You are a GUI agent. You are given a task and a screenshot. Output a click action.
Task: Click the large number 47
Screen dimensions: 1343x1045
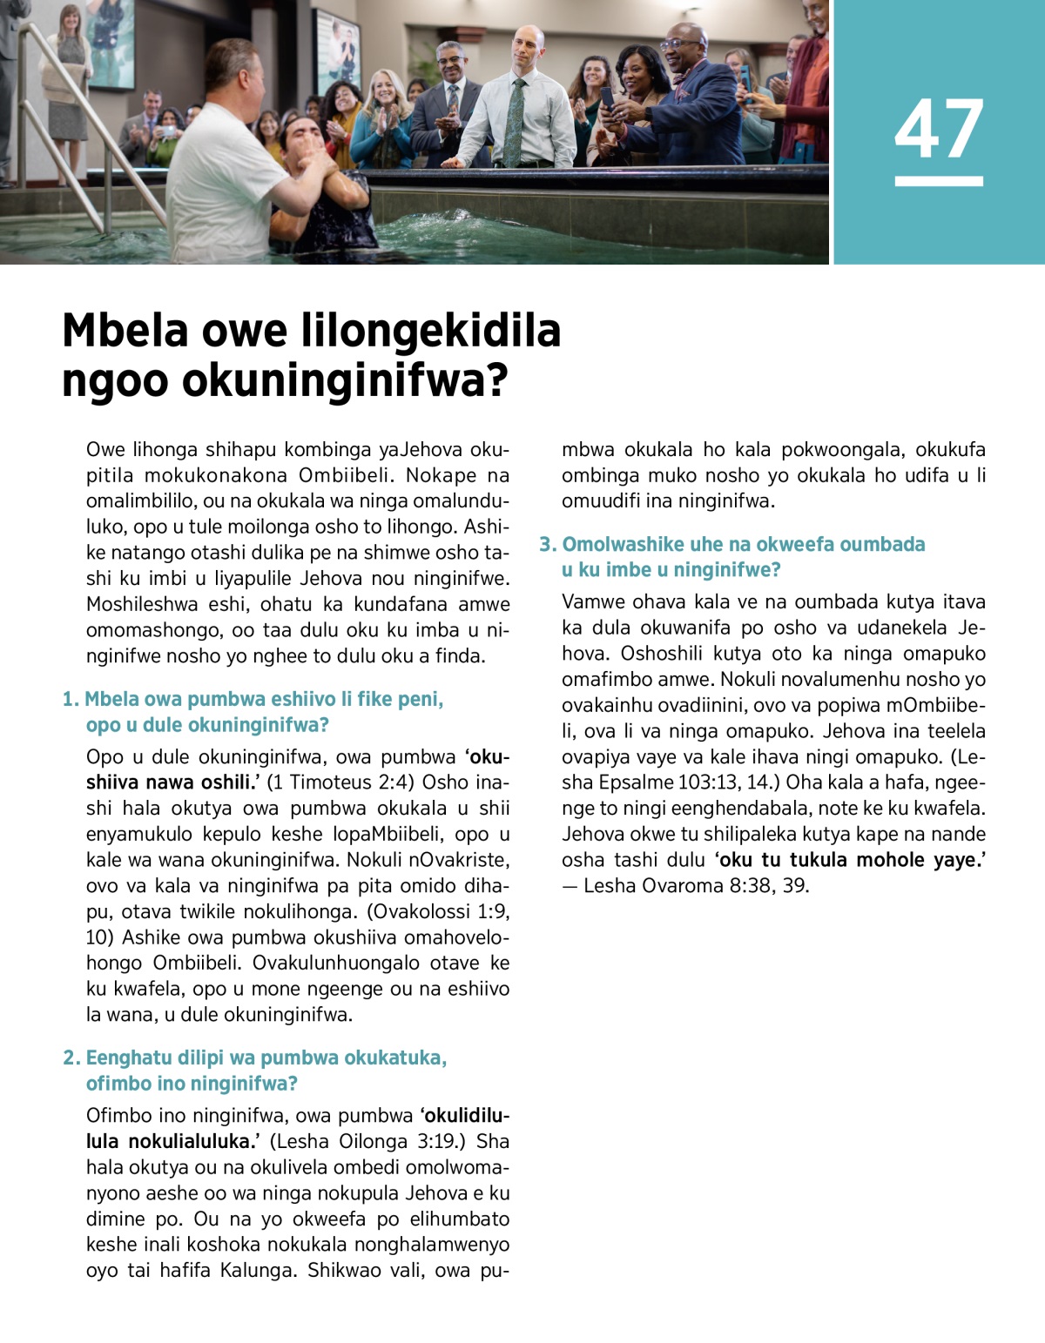pyautogui.click(x=939, y=128)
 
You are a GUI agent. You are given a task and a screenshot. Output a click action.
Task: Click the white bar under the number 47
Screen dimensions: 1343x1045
pyautogui.click(x=939, y=181)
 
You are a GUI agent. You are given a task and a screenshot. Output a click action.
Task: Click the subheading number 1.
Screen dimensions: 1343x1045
pyautogui.click(x=70, y=699)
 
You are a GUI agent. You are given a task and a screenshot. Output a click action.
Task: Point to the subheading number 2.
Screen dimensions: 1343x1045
pyautogui.click(x=71, y=1058)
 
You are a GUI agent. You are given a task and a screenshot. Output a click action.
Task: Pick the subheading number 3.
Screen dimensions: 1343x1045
pyautogui.click(x=547, y=544)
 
